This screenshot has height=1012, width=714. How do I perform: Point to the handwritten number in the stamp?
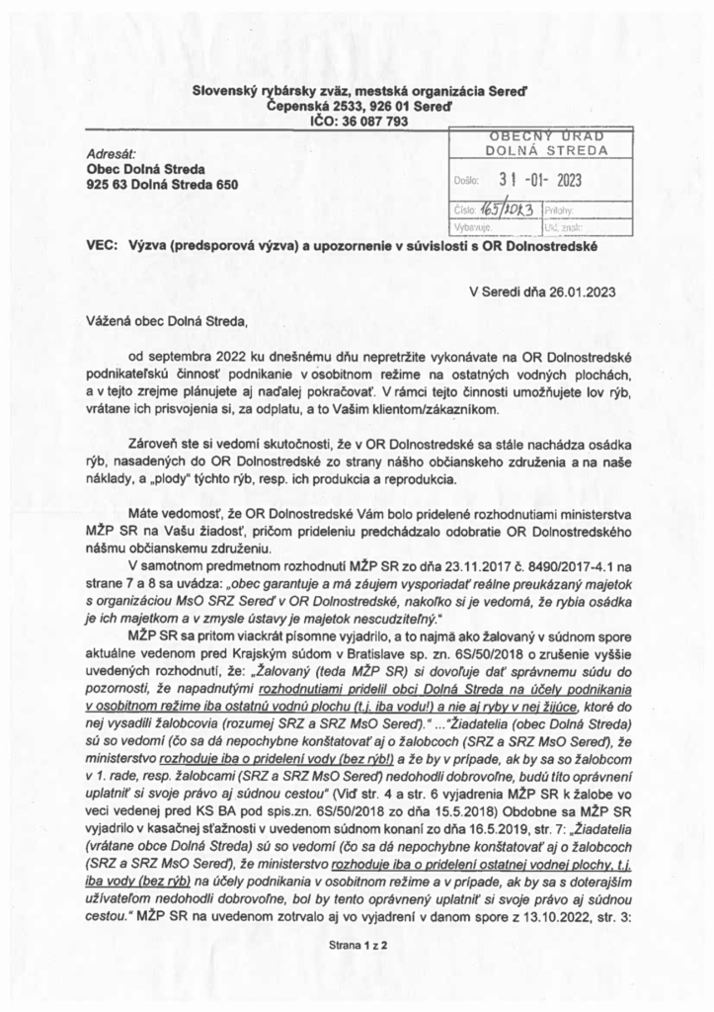[x=504, y=211]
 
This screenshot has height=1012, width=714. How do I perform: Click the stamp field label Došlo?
[x=466, y=182]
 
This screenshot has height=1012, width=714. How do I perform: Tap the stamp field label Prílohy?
[x=559, y=211]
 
